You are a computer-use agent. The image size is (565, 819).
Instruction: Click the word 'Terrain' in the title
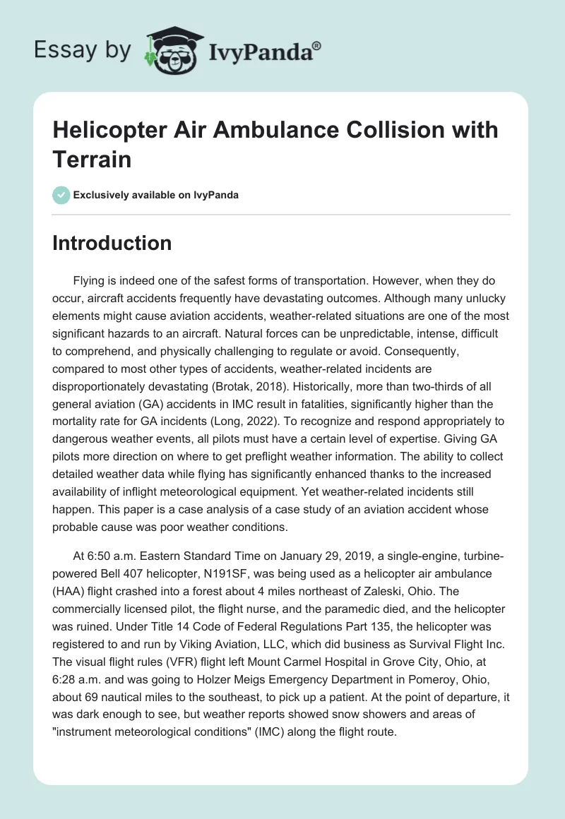(x=92, y=159)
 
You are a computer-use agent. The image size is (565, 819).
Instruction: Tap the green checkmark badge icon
(x=61, y=195)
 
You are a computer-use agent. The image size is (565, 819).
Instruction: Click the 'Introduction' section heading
(x=112, y=243)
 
